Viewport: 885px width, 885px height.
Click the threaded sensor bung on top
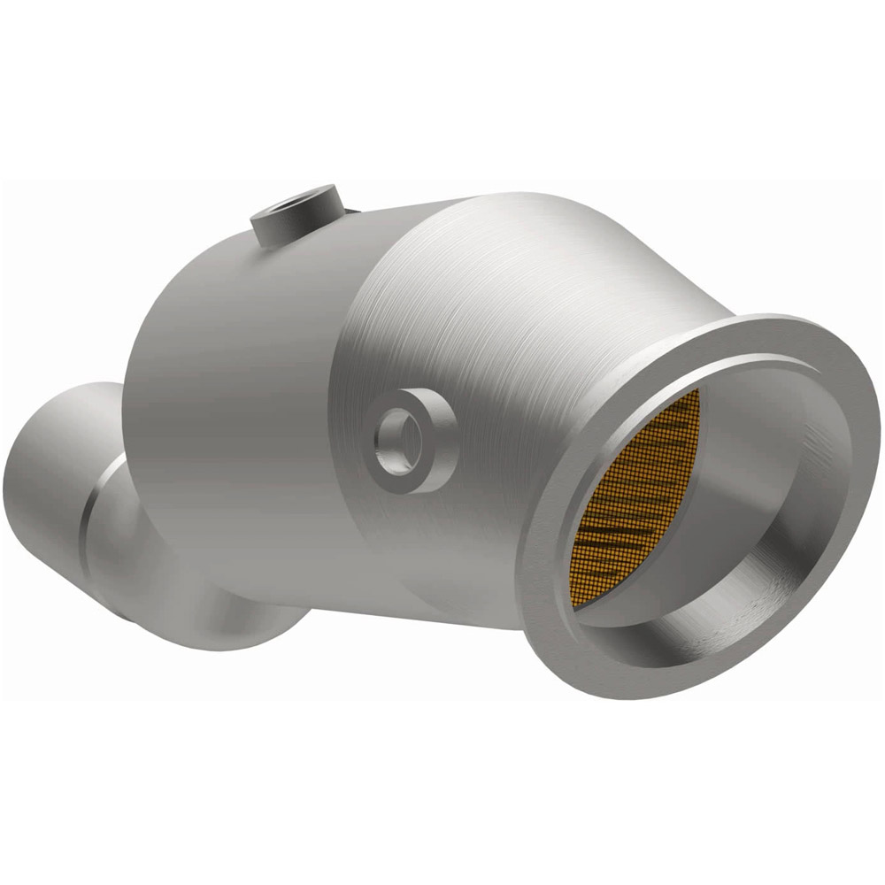[x=296, y=213]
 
